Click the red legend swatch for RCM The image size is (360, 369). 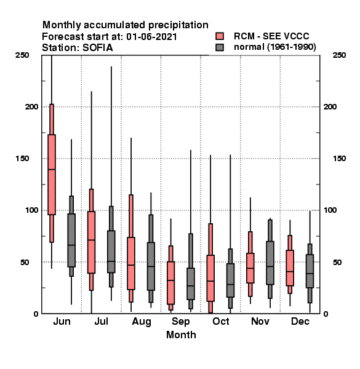pos(220,36)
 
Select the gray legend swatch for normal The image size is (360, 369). pos(220,47)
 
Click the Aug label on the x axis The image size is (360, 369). pos(142,322)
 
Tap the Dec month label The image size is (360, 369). pos(300,321)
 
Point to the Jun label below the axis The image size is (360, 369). pos(62,321)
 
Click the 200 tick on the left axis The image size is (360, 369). pos(31,107)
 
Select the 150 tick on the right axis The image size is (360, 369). pos(339,159)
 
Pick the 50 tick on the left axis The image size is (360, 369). pos(25,262)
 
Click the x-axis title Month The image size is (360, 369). pos(181,335)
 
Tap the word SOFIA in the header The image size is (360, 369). pos(97,48)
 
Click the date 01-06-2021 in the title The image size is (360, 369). pos(151,37)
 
